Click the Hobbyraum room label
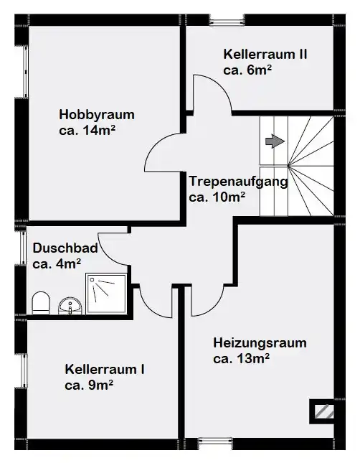(97, 115)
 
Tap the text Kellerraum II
(265, 55)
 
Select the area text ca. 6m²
(247, 70)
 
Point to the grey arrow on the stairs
(275, 141)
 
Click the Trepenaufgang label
(238, 182)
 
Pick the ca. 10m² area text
(217, 197)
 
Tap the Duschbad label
(65, 248)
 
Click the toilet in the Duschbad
(40, 303)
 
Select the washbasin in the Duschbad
(70, 306)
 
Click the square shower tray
(106, 294)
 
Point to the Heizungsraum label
(260, 343)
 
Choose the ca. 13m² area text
(241, 359)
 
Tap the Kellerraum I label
(105, 370)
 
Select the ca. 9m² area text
(89, 385)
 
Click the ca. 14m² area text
(87, 130)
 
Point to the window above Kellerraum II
(227, 20)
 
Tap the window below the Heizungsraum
(215, 444)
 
